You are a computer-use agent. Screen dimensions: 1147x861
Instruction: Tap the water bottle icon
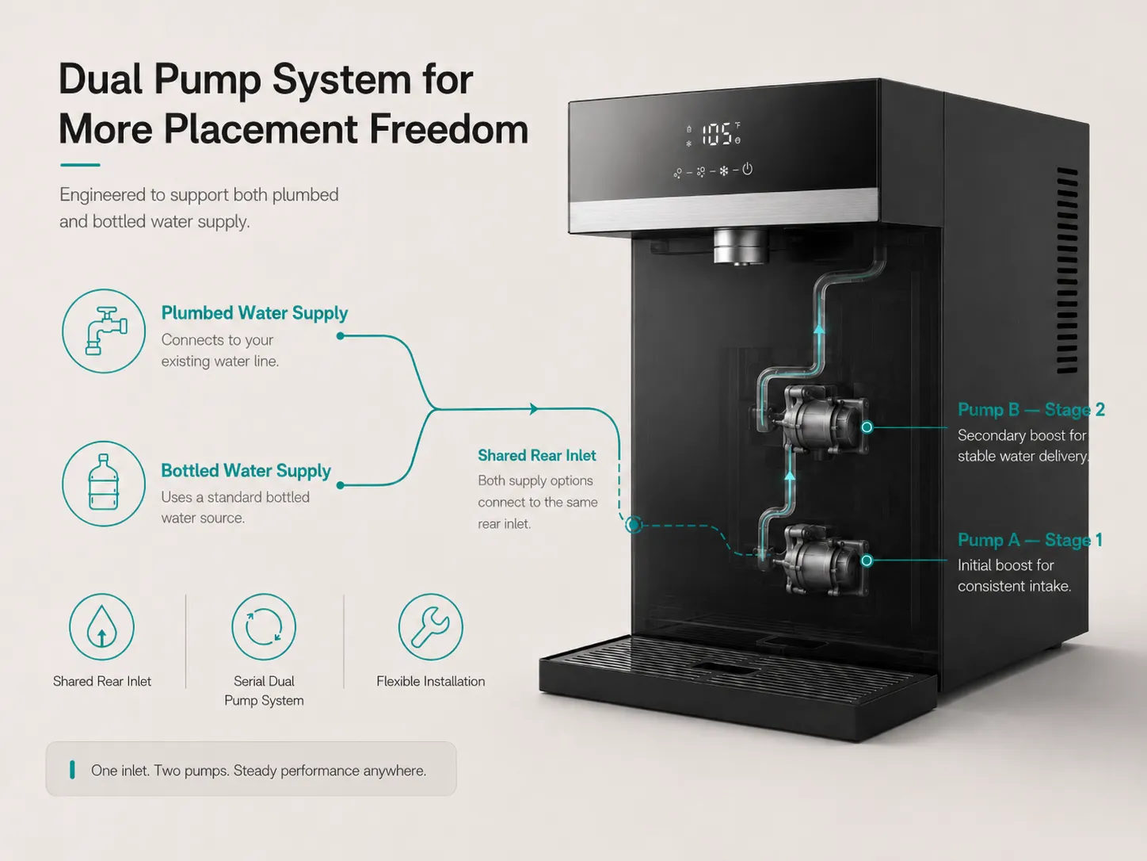point(104,484)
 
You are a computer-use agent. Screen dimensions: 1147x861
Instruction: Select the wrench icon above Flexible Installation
point(431,627)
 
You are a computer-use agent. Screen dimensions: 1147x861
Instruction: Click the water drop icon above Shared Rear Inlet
point(102,627)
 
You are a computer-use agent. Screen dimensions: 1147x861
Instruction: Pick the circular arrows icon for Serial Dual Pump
point(264,627)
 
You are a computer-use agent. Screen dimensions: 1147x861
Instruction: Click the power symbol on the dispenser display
point(747,169)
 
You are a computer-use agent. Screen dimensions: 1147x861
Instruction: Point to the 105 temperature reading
point(716,134)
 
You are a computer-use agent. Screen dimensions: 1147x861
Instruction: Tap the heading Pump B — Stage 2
point(1031,409)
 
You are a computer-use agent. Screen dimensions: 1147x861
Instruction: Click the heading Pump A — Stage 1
point(1030,539)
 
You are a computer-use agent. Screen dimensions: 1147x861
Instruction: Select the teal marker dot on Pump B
point(867,427)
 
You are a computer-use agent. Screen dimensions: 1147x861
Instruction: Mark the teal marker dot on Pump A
point(867,561)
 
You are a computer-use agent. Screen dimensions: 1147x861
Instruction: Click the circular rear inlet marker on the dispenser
point(634,524)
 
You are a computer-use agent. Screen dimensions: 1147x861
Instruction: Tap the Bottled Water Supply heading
point(246,470)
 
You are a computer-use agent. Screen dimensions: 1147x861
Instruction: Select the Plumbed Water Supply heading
point(254,312)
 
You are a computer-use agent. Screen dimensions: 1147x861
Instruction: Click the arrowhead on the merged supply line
point(534,409)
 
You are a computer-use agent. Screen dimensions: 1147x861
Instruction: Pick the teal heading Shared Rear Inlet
point(536,455)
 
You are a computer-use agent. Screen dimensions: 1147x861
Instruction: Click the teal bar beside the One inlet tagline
point(72,770)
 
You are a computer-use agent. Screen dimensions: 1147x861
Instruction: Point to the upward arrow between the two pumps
point(790,476)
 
